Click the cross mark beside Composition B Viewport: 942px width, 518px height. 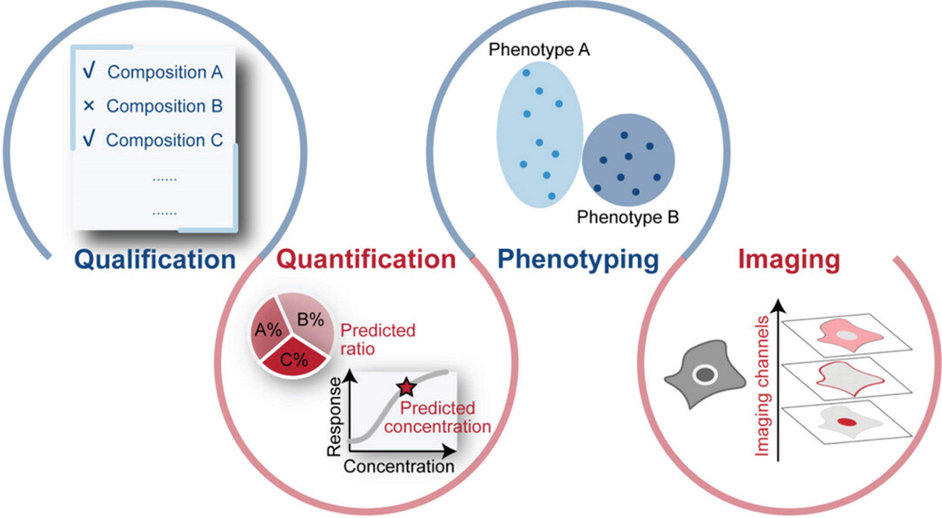coord(89,106)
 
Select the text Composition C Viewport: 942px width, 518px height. coord(164,140)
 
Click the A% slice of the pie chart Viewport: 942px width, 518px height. coord(268,329)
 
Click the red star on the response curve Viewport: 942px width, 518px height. coord(406,387)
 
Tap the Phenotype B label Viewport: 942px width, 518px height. coord(628,217)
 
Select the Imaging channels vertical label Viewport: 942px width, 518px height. coord(762,386)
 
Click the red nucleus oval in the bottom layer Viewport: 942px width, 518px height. coord(847,422)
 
